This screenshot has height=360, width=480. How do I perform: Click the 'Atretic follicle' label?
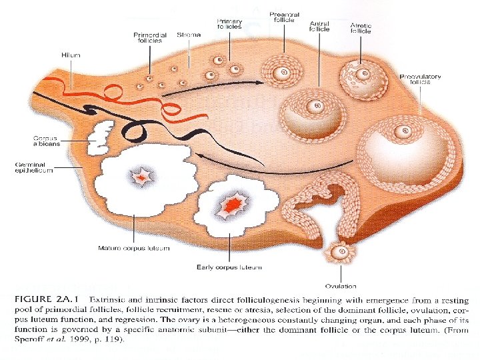point(361,29)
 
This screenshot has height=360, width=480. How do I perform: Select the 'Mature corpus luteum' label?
point(133,249)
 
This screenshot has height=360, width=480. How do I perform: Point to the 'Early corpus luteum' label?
point(229,267)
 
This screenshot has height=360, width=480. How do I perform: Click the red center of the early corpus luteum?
point(230,206)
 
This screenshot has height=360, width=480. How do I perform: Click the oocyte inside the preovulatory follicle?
point(401,133)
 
